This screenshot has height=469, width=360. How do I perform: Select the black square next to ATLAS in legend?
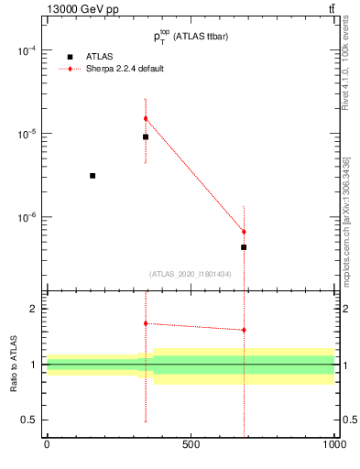pos(70,57)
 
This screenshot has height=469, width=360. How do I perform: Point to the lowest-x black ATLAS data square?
pos(93,175)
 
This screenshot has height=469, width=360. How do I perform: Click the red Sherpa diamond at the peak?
pos(146,118)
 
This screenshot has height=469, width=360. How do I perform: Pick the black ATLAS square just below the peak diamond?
pos(146,136)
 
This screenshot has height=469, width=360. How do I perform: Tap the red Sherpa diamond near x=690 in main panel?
pos(244,232)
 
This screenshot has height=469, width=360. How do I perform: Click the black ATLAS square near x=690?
pos(244,247)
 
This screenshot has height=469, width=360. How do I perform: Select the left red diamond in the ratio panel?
pos(146,323)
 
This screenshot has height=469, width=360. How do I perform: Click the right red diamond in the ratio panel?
pos(244,330)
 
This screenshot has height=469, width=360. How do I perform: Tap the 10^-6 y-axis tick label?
pos(25,217)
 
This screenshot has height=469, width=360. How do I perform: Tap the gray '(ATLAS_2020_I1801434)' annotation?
pos(190,274)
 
